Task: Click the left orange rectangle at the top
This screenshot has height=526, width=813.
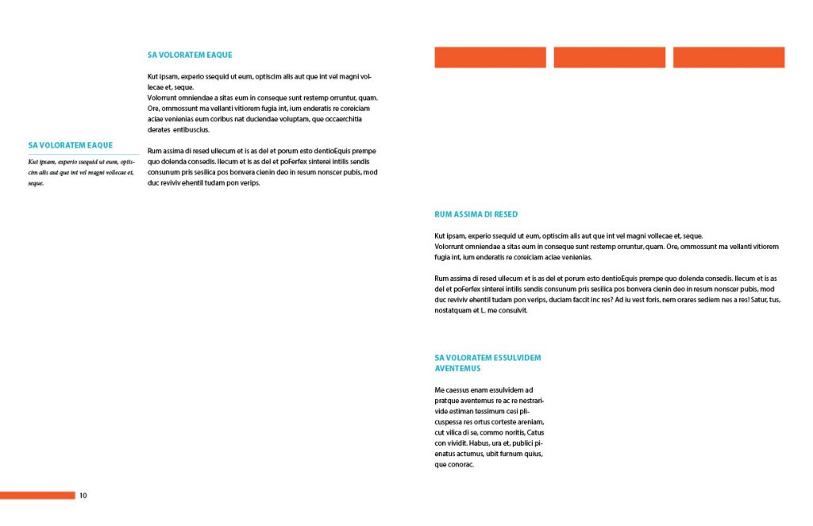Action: coord(490,57)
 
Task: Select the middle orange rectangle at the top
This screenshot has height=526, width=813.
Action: coord(609,57)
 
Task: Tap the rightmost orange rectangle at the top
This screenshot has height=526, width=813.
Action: coord(728,57)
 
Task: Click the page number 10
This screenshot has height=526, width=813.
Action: coord(83,496)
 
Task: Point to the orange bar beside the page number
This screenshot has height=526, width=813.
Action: coord(37,496)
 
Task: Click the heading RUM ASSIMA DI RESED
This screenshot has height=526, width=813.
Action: coord(476,214)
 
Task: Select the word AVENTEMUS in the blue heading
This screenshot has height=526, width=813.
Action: coord(457,368)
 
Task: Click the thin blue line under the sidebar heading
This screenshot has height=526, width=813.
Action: coord(83,154)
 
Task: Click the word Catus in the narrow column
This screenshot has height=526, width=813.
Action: coord(535,432)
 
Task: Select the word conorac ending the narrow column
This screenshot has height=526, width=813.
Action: coord(460,465)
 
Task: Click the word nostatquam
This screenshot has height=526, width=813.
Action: coord(453,310)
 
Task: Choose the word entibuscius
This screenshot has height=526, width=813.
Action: coord(191,129)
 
